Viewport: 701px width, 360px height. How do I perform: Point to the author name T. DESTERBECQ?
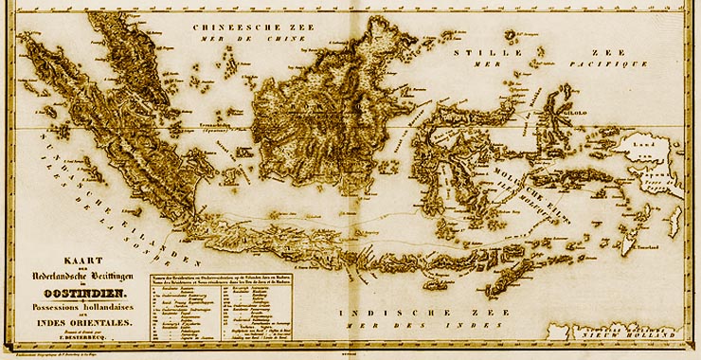82,337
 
